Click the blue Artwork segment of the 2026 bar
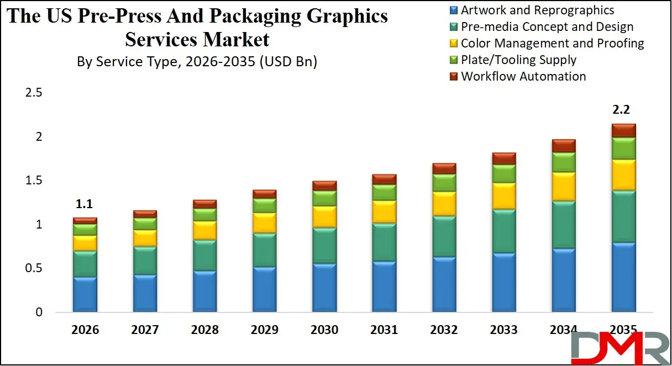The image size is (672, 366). point(85,294)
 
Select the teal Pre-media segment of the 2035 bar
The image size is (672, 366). point(623,216)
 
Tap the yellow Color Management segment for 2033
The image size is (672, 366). point(503,195)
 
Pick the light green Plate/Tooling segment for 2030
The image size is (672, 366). point(324,198)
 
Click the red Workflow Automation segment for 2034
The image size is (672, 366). point(563,145)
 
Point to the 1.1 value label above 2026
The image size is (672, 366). point(83,204)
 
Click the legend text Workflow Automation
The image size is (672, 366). point(523,77)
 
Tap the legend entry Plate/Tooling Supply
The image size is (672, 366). point(518,60)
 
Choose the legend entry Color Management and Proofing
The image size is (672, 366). point(552,44)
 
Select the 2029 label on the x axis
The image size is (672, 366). point(264,330)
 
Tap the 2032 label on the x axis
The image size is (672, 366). point(444,330)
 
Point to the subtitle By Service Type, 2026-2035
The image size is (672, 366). point(197,62)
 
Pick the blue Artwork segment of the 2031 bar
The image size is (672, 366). point(384,287)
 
